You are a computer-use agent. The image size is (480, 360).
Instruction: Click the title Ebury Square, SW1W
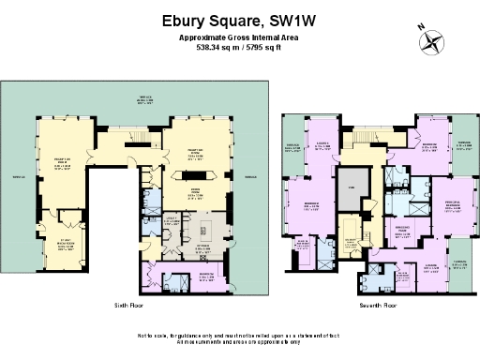(x=240, y=17)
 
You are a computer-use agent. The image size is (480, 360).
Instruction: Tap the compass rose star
(x=432, y=39)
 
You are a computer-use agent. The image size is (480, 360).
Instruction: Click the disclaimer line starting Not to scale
(x=240, y=335)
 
